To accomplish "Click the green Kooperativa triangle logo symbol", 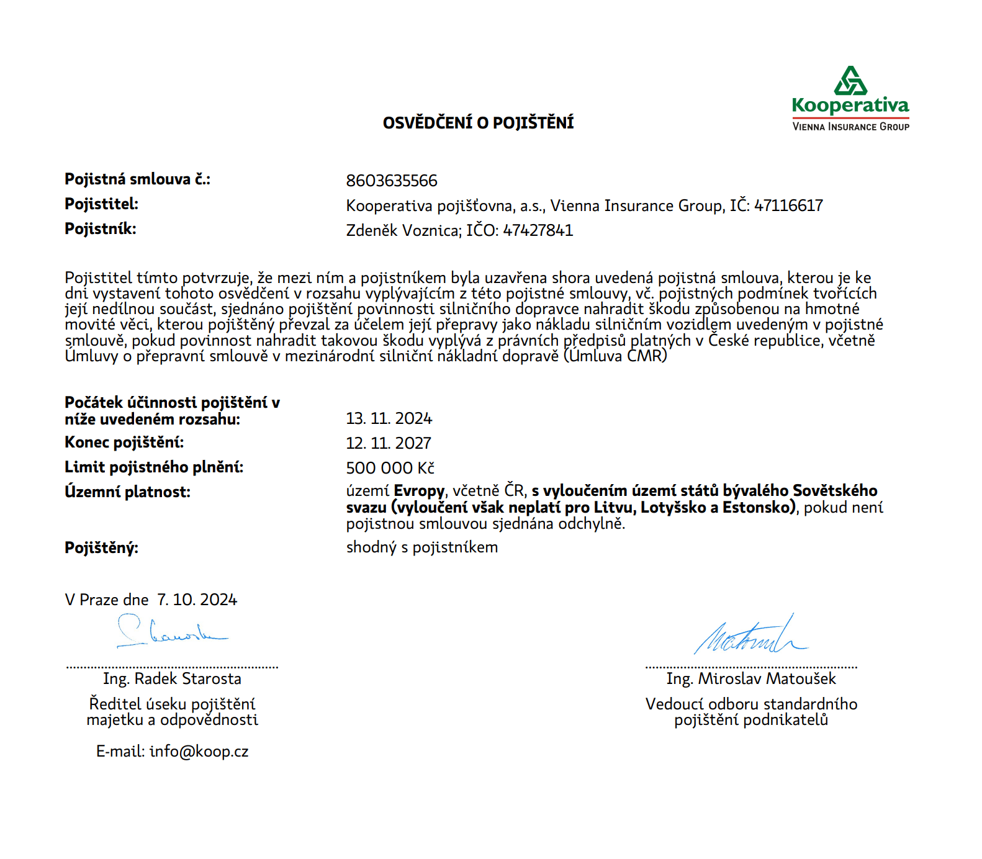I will [850, 81].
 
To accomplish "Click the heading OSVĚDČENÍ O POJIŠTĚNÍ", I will [478, 123].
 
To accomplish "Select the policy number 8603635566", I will [392, 181].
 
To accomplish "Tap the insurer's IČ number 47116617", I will [788, 205].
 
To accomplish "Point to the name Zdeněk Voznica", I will [403, 230].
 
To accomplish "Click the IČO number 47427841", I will [538, 230].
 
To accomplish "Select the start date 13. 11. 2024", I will [389, 418].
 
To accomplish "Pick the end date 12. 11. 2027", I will [389, 443].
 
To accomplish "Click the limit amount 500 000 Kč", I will [390, 468].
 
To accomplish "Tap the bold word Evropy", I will [419, 491].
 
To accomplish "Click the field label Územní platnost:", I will [127, 492].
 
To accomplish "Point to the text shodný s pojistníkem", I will [421, 547].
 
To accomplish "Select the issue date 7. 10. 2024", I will [197, 600].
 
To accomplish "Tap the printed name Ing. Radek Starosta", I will [172, 679].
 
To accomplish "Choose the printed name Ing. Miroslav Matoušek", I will [751, 679].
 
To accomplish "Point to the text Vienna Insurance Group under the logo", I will [850, 127].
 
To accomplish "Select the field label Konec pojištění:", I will [124, 443].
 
